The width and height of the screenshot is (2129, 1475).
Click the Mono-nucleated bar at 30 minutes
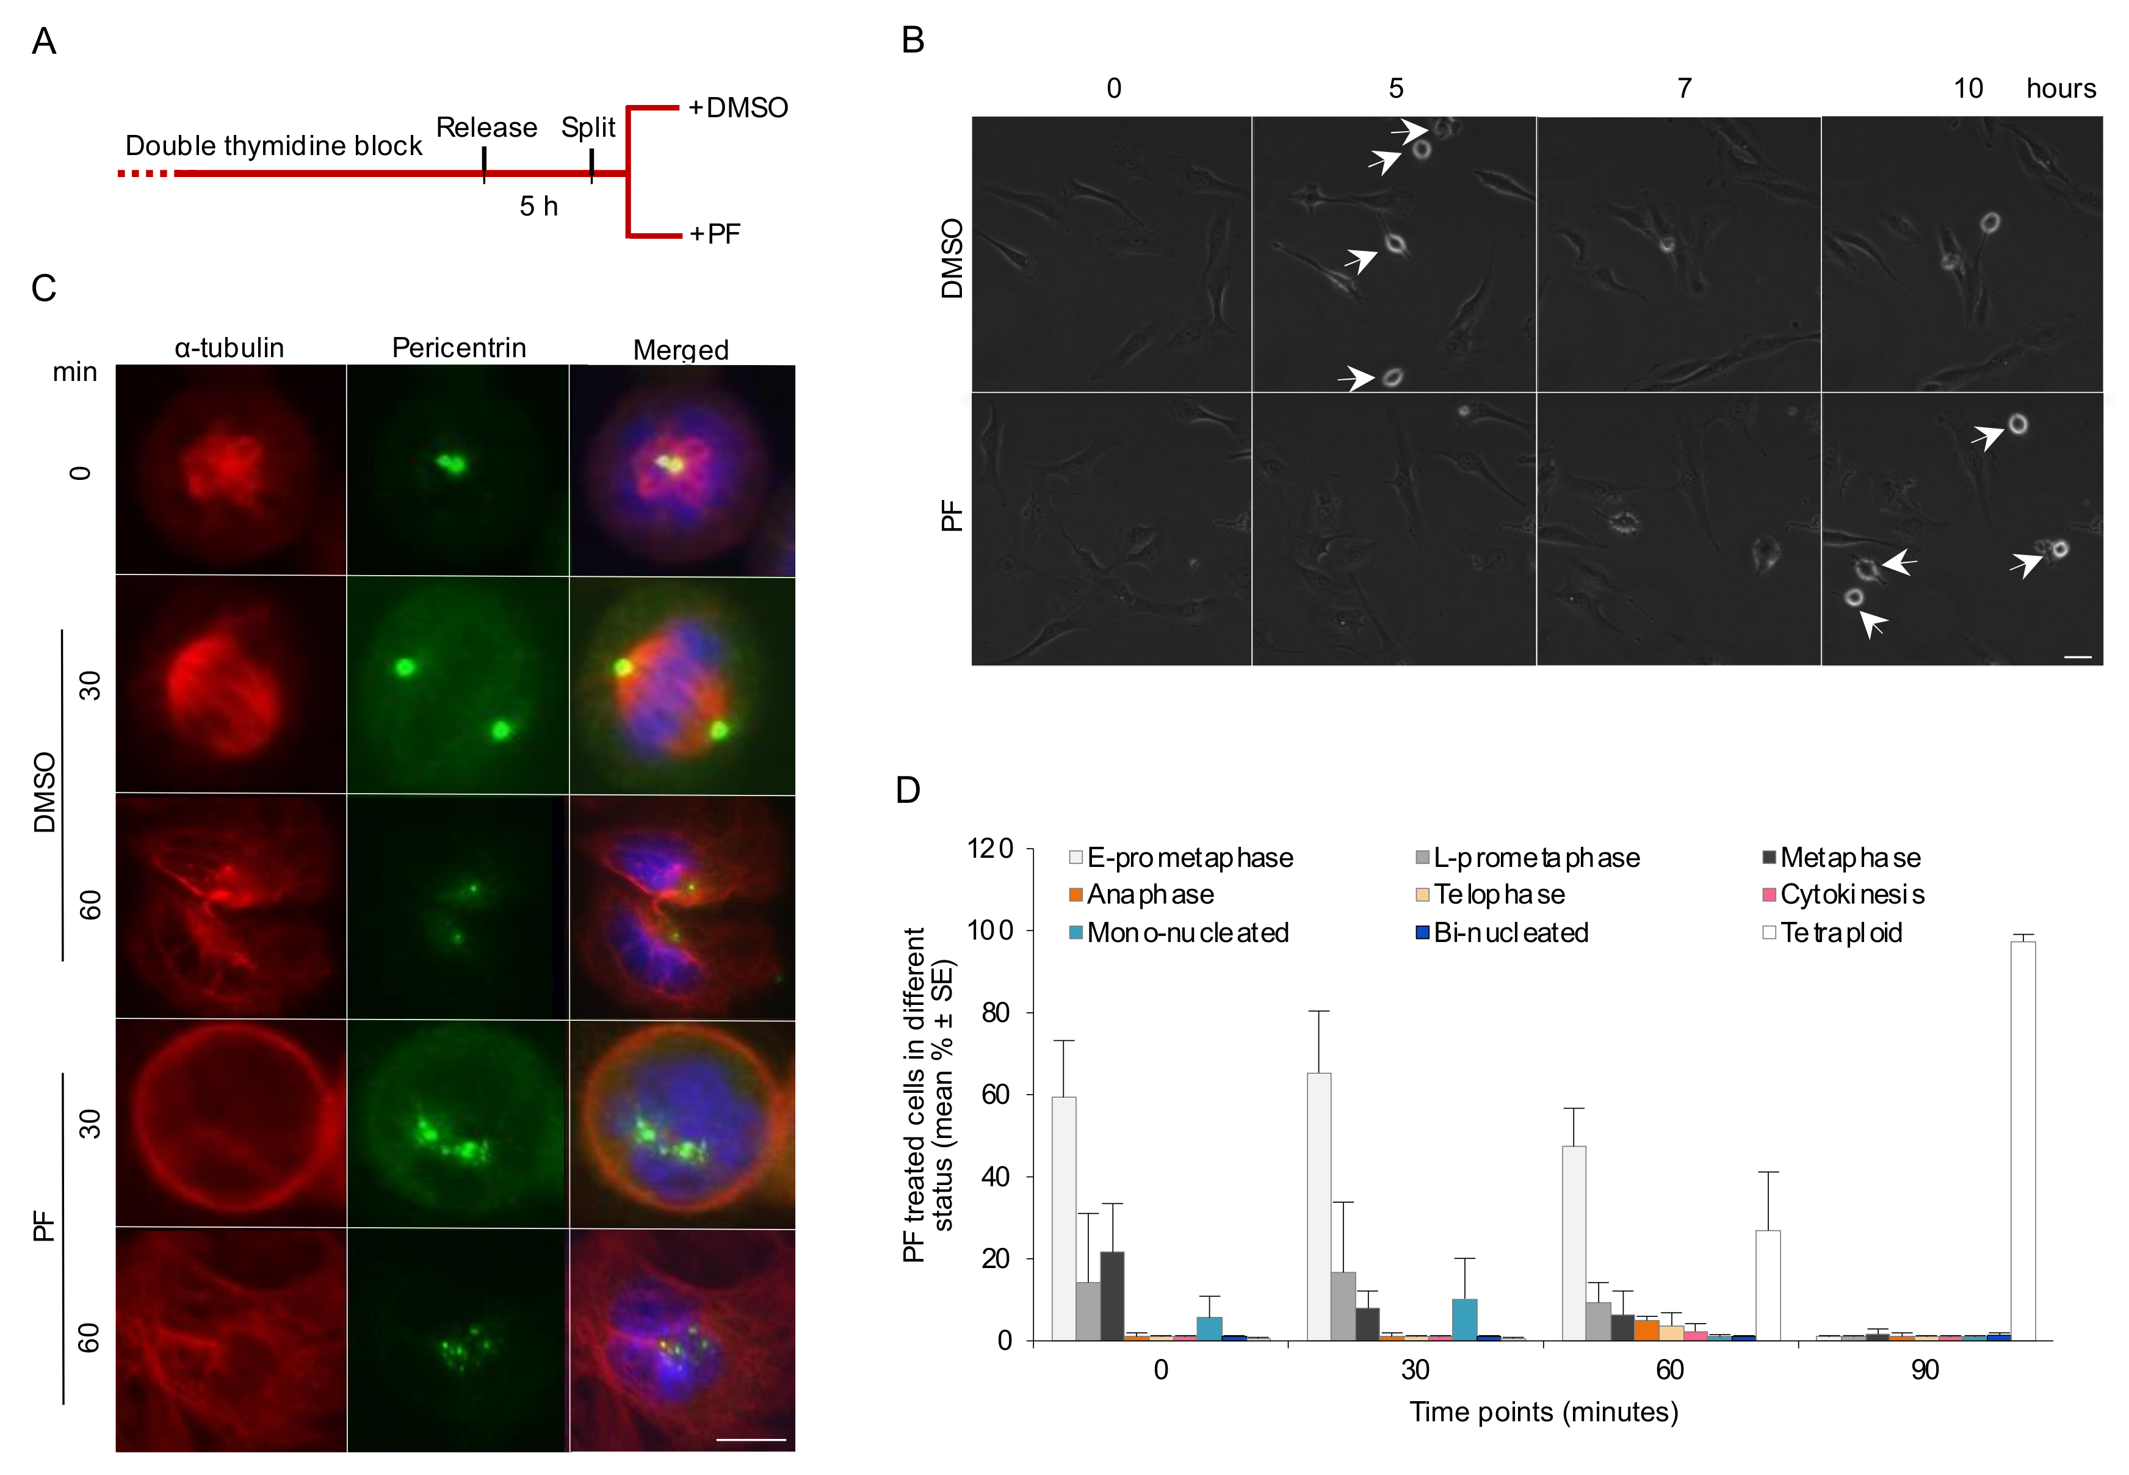point(1464,1320)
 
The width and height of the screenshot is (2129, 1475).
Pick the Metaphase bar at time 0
point(1111,1296)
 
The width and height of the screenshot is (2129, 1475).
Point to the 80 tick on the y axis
point(996,1013)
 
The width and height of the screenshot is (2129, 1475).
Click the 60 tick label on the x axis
point(1669,1369)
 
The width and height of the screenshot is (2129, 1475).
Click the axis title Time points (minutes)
point(1543,1412)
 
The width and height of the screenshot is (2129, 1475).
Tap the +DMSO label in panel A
point(737,108)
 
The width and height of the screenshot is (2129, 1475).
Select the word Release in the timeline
point(486,128)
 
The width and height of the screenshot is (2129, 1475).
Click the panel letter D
point(908,790)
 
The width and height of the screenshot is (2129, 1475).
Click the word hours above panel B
point(2061,89)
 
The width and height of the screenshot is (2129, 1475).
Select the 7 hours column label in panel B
point(1685,89)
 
